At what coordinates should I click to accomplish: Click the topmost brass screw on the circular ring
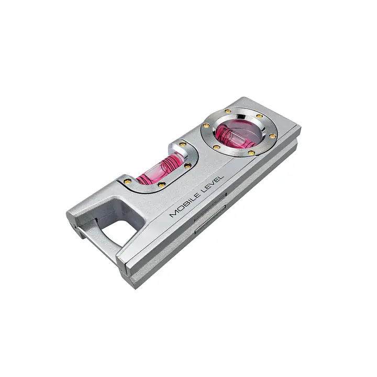point(227,111)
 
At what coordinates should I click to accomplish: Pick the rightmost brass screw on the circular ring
point(272,136)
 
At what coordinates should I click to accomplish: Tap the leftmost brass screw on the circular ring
point(206,125)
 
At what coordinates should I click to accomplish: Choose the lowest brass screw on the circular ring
point(251,152)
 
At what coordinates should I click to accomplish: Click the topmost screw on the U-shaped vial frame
point(183,144)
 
